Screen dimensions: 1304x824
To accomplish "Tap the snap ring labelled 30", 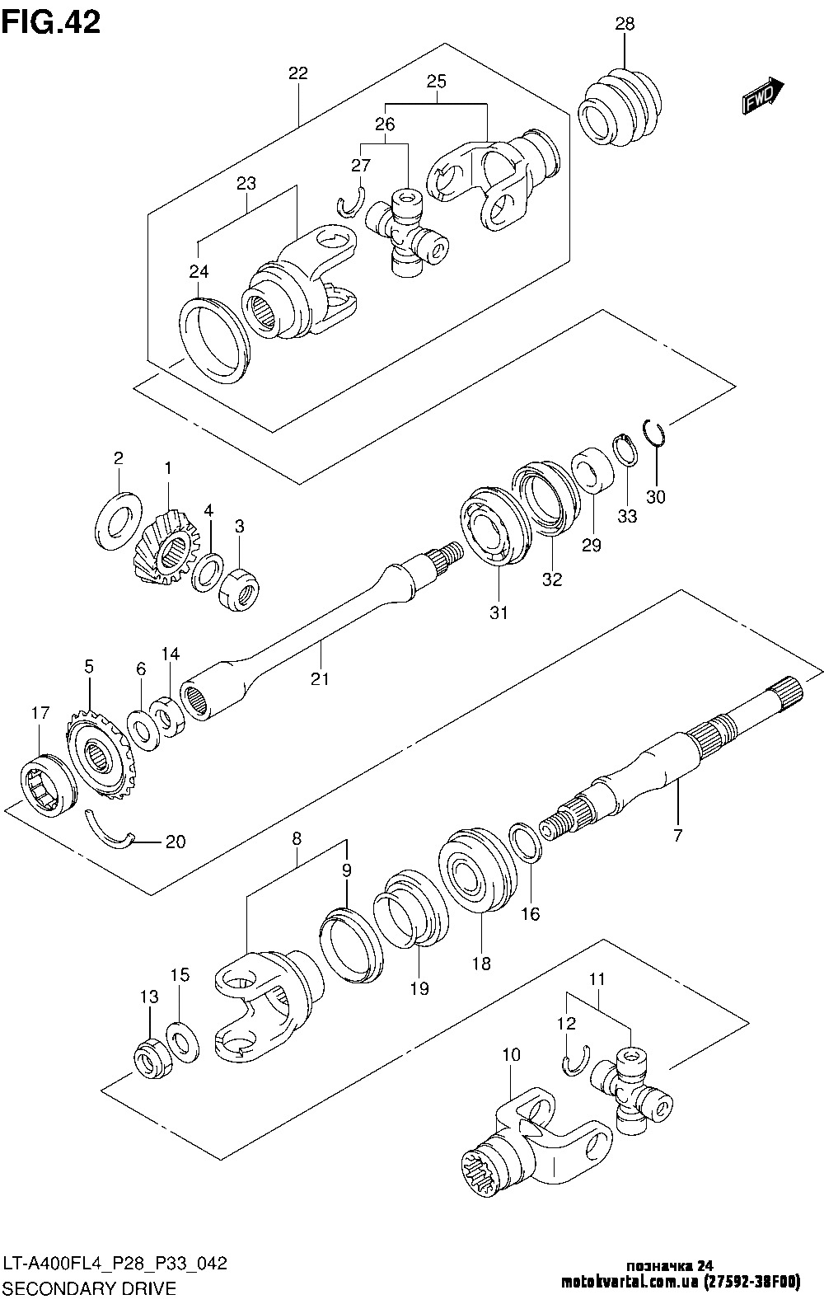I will pyautogui.click(x=653, y=432).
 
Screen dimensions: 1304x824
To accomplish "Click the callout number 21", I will pyautogui.click(x=320, y=678).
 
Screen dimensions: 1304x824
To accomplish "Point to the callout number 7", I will pyautogui.click(x=677, y=835).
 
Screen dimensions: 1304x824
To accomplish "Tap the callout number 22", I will pyautogui.click(x=297, y=73).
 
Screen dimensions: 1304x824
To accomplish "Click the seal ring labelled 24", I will pyautogui.click(x=213, y=340).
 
